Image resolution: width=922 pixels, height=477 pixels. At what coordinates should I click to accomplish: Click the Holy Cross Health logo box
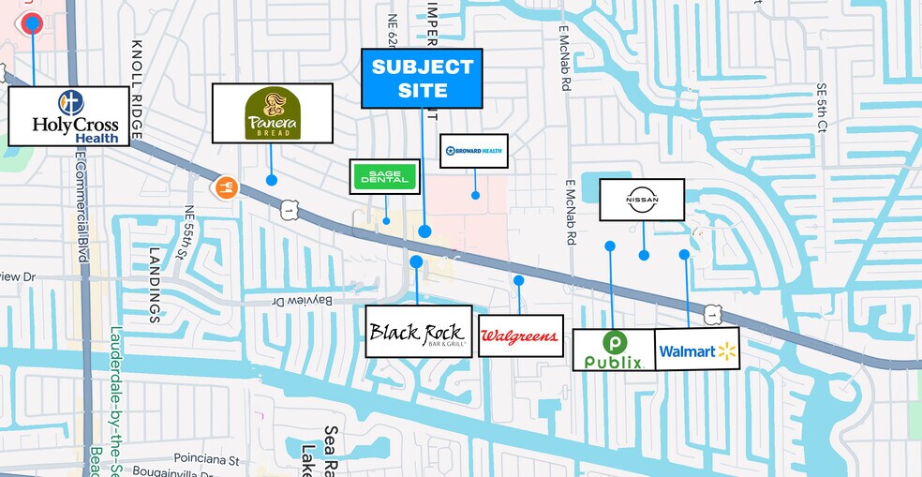coord(68,116)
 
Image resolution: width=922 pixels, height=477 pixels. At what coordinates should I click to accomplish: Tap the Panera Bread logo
coord(272,113)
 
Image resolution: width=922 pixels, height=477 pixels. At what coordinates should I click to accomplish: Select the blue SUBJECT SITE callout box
coord(422,79)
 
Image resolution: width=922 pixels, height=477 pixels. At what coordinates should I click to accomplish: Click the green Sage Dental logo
coord(384,176)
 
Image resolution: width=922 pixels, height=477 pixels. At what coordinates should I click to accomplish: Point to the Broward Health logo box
coord(474,151)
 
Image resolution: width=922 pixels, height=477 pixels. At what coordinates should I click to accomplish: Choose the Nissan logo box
coord(642,200)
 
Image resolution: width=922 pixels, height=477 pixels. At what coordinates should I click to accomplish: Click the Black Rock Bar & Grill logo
coord(418,331)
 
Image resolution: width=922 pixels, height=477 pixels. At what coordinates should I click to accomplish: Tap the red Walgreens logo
coord(520,335)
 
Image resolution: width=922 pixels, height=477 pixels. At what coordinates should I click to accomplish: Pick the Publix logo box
coord(614,350)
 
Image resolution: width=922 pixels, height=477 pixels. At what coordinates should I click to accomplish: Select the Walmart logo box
coord(697,350)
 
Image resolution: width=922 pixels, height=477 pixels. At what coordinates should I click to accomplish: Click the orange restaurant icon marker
coord(225,186)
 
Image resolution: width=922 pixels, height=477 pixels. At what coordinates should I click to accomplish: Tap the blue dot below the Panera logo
coord(272,179)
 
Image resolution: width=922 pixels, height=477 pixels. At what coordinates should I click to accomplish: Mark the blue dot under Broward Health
coord(475,196)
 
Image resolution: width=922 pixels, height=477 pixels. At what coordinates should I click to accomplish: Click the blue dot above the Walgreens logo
coord(518,280)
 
